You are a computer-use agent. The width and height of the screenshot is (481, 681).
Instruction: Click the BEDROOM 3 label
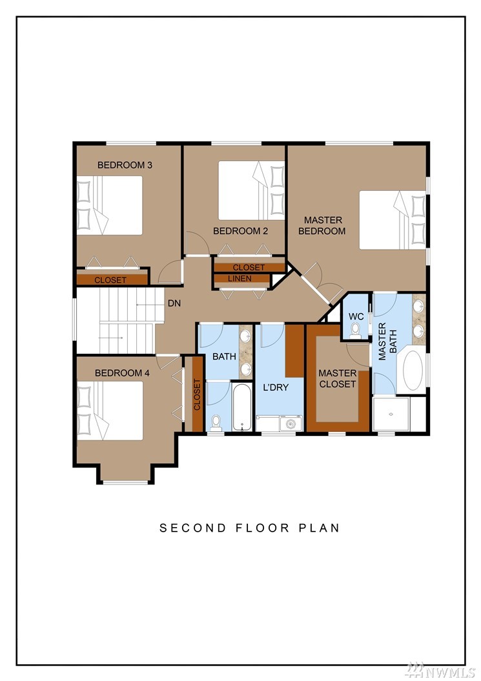coord(125,165)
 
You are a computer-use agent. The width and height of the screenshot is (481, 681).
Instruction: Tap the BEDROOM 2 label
coord(240,231)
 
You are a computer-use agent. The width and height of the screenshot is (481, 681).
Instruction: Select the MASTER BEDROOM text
coord(322,226)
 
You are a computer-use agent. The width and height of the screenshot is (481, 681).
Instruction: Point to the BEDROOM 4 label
coord(122,373)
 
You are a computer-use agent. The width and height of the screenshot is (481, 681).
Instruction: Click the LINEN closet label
coord(240,278)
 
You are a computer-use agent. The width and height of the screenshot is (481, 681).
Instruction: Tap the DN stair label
coord(174,303)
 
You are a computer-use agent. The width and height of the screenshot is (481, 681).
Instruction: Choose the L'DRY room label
coord(276,387)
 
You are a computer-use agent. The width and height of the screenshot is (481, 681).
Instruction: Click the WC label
coord(356,317)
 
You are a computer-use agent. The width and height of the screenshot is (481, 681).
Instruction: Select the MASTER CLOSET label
coord(337,378)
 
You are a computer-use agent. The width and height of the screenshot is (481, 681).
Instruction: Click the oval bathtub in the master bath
coord(413,371)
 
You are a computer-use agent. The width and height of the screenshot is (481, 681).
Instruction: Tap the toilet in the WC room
coord(356,330)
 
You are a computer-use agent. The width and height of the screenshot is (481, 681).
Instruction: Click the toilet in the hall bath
coord(216,423)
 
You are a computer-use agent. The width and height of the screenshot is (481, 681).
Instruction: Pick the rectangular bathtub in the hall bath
coord(241,407)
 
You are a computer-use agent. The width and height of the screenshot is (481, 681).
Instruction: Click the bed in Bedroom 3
coord(110,206)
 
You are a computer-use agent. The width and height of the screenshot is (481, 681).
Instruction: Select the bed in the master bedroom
coord(393,220)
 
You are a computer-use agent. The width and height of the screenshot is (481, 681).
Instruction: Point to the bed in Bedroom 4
coord(110,411)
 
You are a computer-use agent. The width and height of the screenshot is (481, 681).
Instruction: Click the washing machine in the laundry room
coord(290,424)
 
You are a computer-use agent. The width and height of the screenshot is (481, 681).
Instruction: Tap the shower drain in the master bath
coord(391,415)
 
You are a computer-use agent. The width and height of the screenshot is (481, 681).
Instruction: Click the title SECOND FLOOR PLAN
coord(249,528)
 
